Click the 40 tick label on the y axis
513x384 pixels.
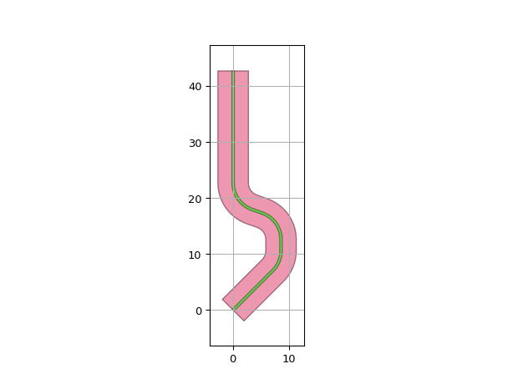(195, 87)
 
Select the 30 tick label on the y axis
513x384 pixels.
(195, 143)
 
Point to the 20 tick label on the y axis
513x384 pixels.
(195, 199)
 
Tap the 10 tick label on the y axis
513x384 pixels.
(195, 255)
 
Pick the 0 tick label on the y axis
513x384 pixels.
(199, 311)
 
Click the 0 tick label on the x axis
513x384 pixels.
(233, 359)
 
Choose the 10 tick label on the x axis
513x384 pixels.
(289, 359)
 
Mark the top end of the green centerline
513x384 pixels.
(233, 71)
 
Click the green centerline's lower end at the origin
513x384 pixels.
(234, 310)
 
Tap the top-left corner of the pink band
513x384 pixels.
(218, 71)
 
